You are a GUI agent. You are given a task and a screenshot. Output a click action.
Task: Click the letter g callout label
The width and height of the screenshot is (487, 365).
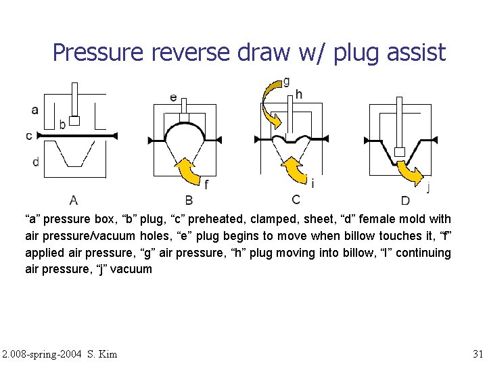point(287,82)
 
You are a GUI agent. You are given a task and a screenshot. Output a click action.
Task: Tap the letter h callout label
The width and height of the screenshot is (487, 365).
point(299,94)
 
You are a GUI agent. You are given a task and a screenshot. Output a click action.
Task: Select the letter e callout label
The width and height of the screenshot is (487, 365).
point(174,97)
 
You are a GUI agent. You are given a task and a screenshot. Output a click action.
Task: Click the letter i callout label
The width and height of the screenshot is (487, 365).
point(312,183)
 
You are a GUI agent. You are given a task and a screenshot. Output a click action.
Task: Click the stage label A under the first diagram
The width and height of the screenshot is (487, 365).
point(73,199)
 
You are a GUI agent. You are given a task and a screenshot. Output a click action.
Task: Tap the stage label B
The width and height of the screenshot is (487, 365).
point(189,199)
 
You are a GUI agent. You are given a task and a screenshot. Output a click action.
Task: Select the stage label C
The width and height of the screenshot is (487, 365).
point(296,199)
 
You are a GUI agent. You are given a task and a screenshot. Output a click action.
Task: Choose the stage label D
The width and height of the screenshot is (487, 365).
point(404,200)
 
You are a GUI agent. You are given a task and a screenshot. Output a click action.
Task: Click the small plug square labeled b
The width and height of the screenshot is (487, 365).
point(75,121)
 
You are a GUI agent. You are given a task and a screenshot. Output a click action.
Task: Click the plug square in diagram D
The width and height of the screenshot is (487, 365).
point(400,151)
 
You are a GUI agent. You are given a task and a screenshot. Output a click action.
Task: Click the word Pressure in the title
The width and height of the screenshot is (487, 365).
point(95,52)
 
